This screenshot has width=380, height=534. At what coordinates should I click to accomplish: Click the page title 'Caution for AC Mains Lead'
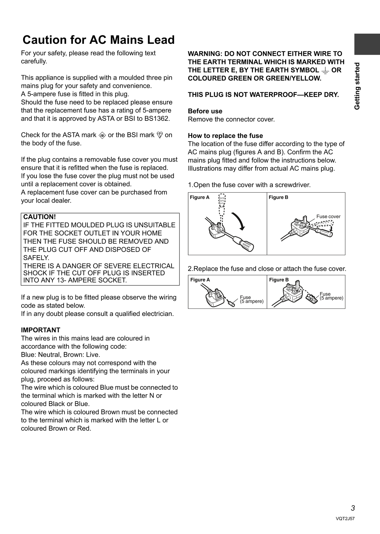99,40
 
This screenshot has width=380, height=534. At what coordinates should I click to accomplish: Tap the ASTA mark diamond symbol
102,135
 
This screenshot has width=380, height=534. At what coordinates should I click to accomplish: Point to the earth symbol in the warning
325,70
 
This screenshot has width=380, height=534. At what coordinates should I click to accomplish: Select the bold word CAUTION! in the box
39,217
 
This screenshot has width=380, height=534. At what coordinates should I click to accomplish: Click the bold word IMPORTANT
40,330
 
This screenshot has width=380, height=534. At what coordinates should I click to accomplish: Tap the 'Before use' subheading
205,111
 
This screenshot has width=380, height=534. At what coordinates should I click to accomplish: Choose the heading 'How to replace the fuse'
225,136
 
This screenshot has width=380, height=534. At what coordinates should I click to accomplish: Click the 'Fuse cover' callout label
328,216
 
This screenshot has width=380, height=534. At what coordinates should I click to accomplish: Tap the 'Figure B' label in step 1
278,197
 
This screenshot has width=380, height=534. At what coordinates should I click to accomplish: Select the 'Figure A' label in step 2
200,280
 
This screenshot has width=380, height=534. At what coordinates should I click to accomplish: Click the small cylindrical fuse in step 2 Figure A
231,304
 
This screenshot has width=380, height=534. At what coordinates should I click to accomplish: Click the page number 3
353,508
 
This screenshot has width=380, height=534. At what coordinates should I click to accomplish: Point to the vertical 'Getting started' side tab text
357,86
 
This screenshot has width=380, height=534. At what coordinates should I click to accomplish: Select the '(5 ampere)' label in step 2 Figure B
331,298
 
